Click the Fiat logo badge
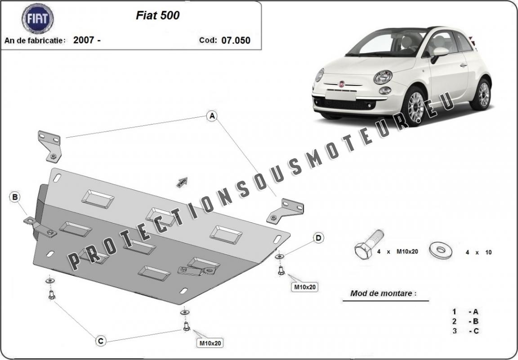38,18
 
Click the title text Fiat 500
157,15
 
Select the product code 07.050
236,40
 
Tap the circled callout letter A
212,116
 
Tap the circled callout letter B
15,197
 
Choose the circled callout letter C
101,341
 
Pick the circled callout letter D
318,238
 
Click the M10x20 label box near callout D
305,287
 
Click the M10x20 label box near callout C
210,343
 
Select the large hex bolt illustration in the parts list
369,244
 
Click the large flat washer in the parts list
441,250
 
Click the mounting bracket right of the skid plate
285,211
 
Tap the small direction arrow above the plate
182,182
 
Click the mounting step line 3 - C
465,331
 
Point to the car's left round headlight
383,77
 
